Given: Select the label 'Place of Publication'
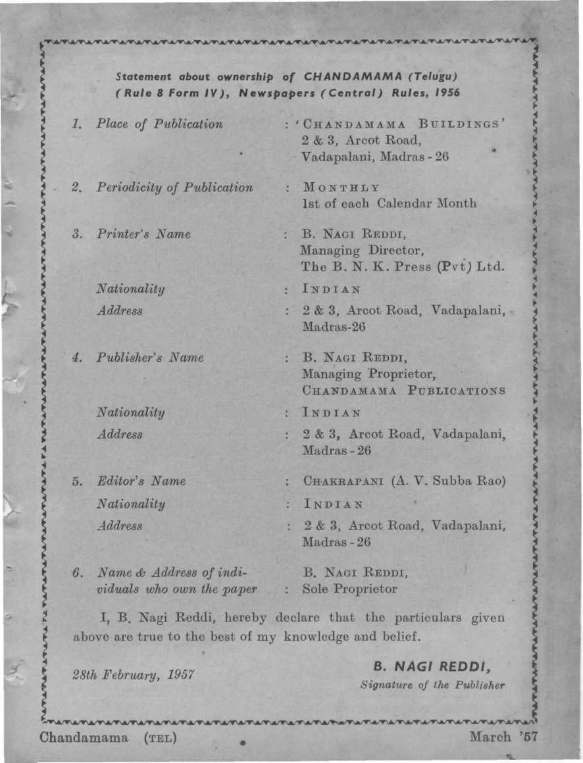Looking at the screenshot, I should pos(159,124).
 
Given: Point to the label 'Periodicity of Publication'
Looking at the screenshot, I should pos(174,187).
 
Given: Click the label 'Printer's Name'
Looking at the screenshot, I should pos(143,234).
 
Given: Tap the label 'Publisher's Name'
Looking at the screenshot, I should pos(150,358).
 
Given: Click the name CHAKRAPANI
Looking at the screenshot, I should pos(344,481).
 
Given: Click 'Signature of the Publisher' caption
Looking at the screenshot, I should pos(432,685).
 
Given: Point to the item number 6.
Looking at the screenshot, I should pos(78,572).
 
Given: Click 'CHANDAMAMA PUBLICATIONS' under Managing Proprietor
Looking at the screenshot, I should pos(403,391).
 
